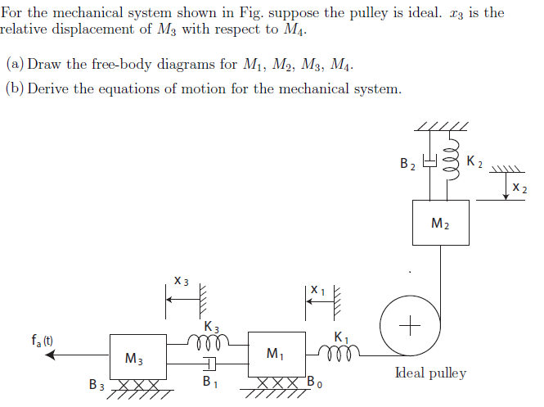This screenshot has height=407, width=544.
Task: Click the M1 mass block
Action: (276, 355)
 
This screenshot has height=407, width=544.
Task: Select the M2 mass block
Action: (440, 223)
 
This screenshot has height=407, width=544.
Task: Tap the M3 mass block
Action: (136, 357)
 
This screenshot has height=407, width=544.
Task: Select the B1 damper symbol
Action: (210, 363)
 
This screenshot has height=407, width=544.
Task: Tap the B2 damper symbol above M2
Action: (427, 164)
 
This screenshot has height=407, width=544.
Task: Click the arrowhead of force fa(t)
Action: (51, 355)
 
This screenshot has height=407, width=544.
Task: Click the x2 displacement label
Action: (519, 189)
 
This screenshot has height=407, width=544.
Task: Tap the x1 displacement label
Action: (318, 289)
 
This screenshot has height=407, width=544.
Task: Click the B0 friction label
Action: (315, 382)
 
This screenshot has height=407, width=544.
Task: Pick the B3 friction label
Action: (97, 383)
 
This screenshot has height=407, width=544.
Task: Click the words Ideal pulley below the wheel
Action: (430, 373)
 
